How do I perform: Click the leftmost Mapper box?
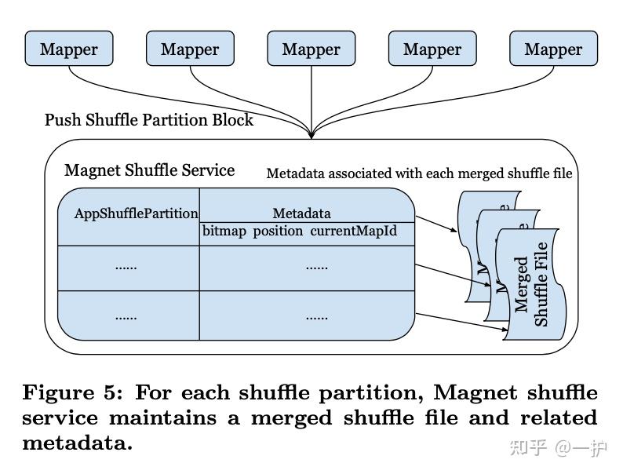pos(69,49)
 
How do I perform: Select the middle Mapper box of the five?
pos(311,49)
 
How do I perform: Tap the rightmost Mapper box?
pos(553,49)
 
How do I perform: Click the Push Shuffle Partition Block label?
pos(149,120)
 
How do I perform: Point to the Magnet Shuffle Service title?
pos(149,170)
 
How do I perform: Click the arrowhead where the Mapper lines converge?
pos(311,135)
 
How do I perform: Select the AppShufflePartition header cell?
pos(136,213)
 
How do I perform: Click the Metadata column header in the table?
pos(301,213)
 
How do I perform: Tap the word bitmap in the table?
pos(224,232)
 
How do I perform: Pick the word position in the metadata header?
pos(278,232)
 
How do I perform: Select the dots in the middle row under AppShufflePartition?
pos(126,267)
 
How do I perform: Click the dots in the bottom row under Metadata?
pos(316,317)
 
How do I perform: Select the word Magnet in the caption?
pos(473,392)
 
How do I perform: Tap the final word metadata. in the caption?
pos(77,443)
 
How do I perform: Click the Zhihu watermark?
pos(558,448)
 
